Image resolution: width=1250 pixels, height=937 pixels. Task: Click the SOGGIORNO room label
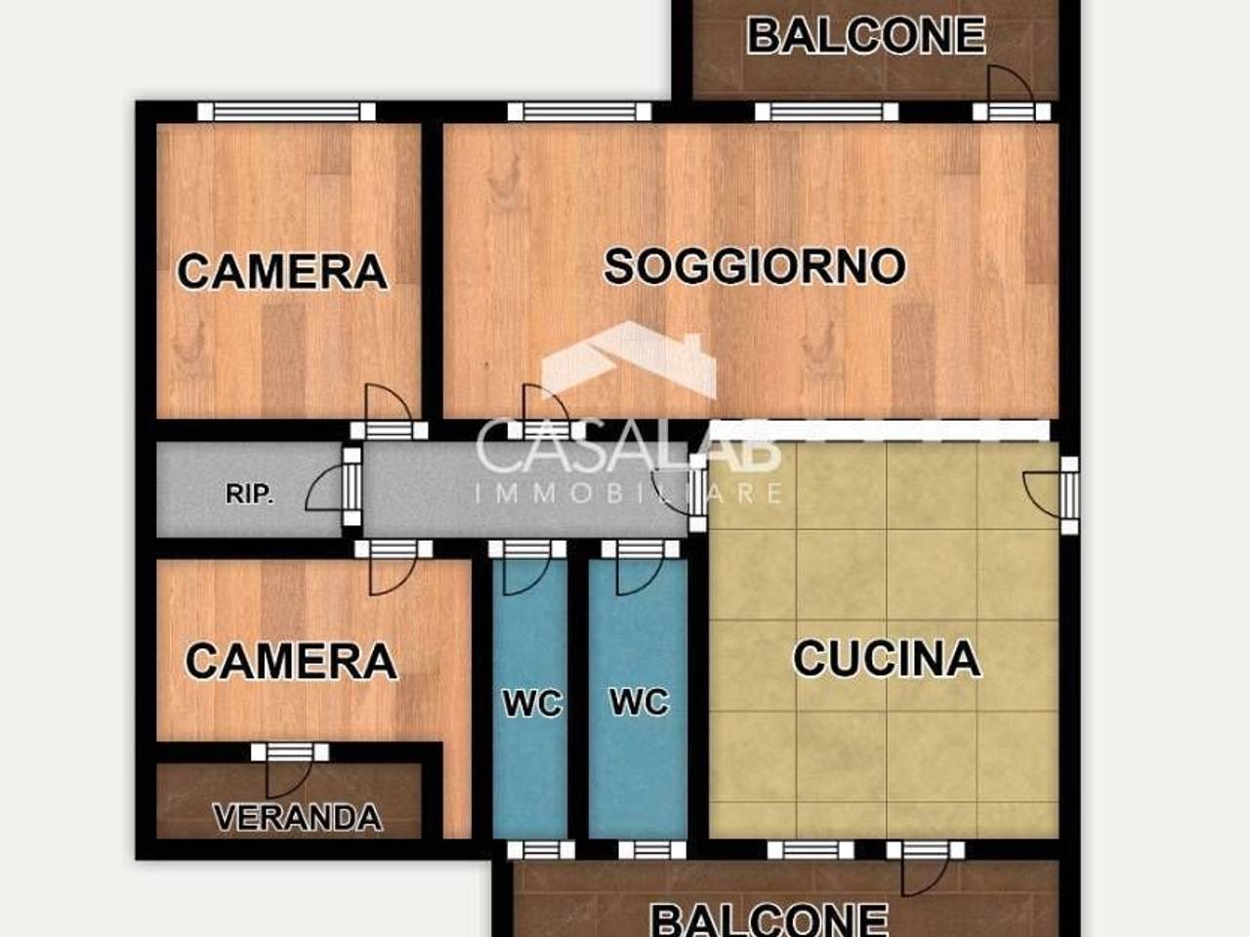click(754, 266)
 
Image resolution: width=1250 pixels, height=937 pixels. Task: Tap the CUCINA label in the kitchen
click(886, 659)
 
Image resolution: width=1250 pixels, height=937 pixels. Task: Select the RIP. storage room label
click(249, 494)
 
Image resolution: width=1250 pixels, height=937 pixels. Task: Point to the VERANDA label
click(297, 817)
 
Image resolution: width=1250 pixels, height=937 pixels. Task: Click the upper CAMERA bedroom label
click(282, 271)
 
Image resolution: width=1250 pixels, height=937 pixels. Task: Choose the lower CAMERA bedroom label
click(291, 662)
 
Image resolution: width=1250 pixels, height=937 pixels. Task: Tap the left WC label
click(532, 703)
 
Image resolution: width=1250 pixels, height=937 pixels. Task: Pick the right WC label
click(639, 702)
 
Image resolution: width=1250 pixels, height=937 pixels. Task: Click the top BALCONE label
click(865, 36)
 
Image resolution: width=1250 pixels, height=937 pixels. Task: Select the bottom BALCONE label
click(769, 918)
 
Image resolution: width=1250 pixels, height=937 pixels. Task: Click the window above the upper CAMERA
click(286, 111)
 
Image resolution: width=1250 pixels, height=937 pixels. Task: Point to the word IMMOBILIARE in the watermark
click(629, 493)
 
